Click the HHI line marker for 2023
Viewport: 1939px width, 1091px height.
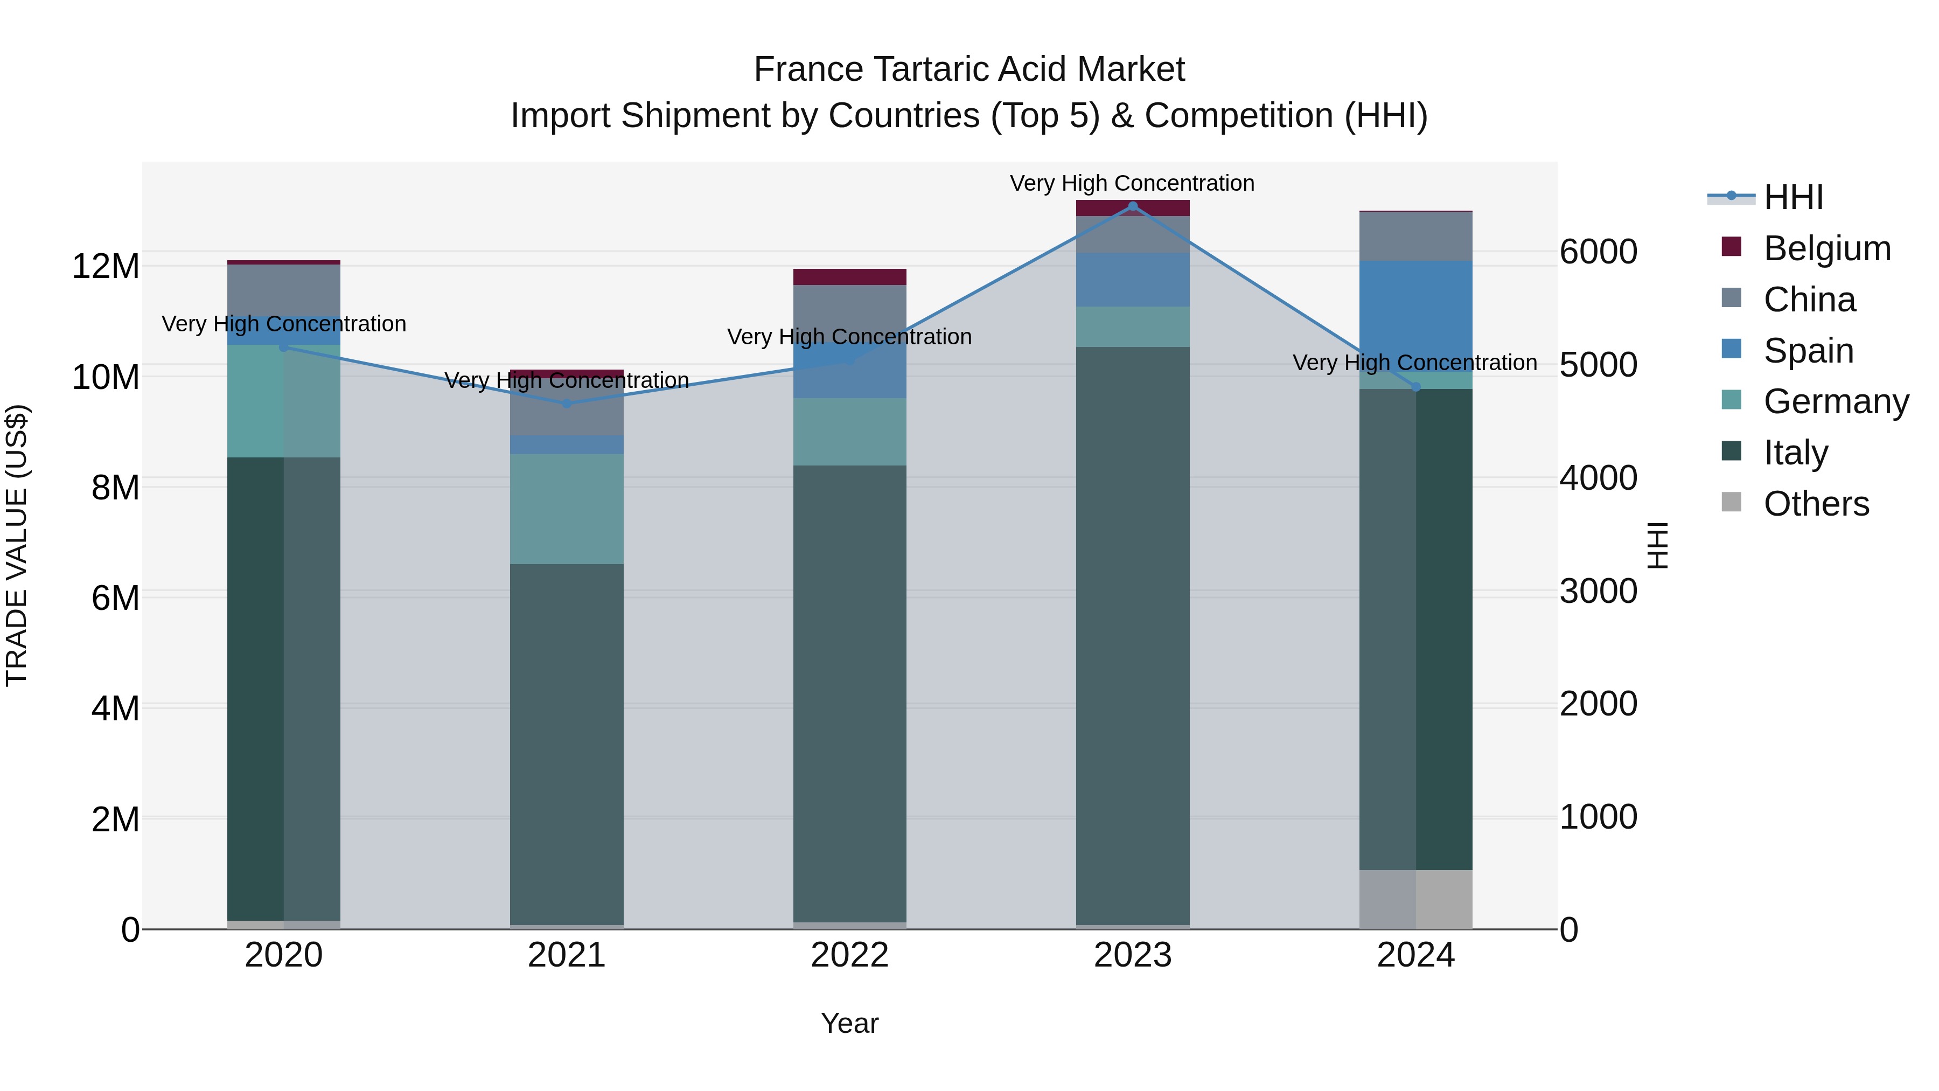pos(1132,206)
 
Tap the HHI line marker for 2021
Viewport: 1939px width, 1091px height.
pos(566,404)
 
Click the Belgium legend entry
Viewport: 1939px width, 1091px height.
pos(1827,248)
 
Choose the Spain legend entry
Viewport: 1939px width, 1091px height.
pos(1808,351)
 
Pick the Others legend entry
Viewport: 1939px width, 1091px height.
pos(1816,504)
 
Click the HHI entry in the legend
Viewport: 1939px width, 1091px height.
pos(1793,197)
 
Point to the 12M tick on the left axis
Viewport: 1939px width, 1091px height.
pos(106,267)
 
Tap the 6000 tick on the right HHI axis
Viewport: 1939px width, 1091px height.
pos(1598,252)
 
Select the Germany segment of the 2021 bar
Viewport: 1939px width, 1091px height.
pos(566,509)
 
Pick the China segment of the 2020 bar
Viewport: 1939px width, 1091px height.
pos(284,290)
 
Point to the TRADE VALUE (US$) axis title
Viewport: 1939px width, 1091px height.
pos(17,545)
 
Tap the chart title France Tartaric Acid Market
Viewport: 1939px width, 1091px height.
pos(969,70)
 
